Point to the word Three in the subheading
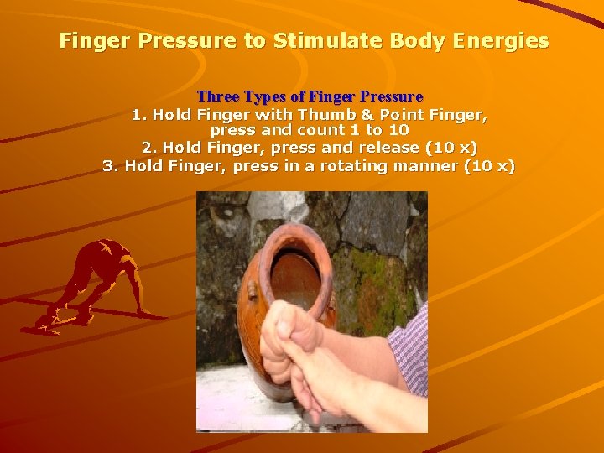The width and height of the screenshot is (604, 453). (217, 97)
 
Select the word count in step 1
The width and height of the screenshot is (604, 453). (325, 130)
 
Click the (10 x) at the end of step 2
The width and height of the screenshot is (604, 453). (451, 148)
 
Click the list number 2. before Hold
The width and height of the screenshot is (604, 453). (148, 148)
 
